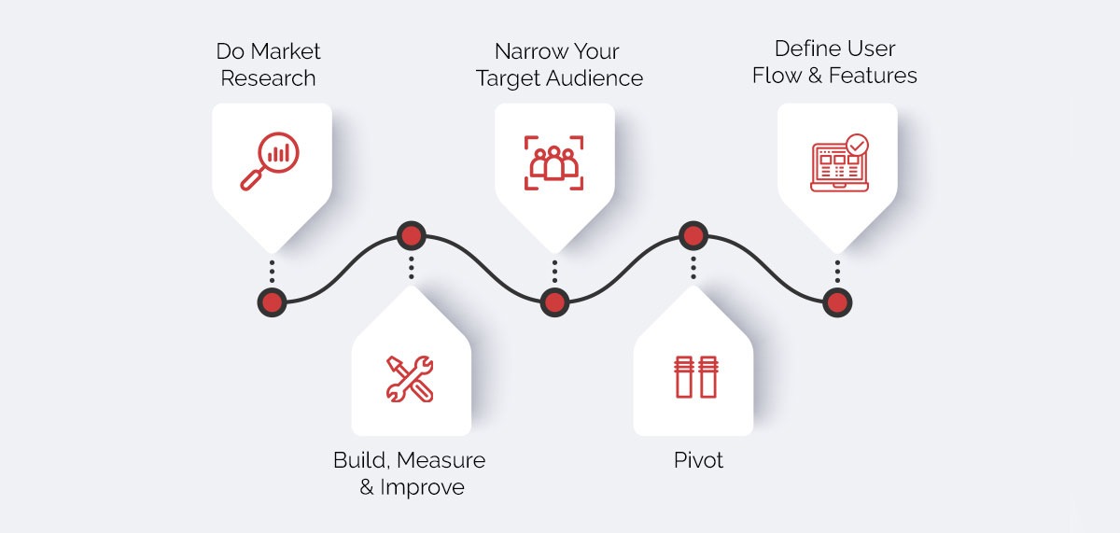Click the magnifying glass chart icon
pos(270,161)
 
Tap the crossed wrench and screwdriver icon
pos(410,378)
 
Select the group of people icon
pos(553,162)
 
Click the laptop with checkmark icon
pos(839,164)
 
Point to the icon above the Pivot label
pos(693,376)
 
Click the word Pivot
pos(698,459)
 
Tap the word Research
pos(268,77)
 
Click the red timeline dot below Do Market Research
pos(273,302)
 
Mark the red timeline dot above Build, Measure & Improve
pos(411,235)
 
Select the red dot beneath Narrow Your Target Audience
pos(554,302)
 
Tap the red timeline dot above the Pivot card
pos(693,235)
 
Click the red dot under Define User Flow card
pos(837,302)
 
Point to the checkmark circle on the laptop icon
pos(856,146)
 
